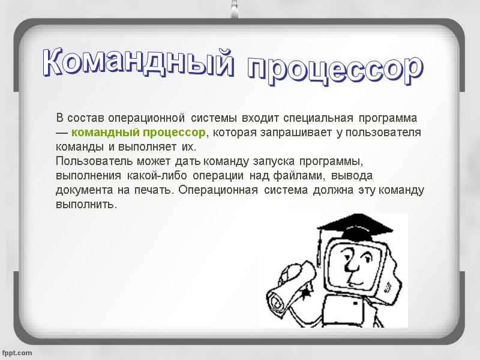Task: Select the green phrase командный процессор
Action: (142, 132)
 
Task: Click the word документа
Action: (81, 191)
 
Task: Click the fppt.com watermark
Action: (17, 352)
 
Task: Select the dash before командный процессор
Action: (62, 132)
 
